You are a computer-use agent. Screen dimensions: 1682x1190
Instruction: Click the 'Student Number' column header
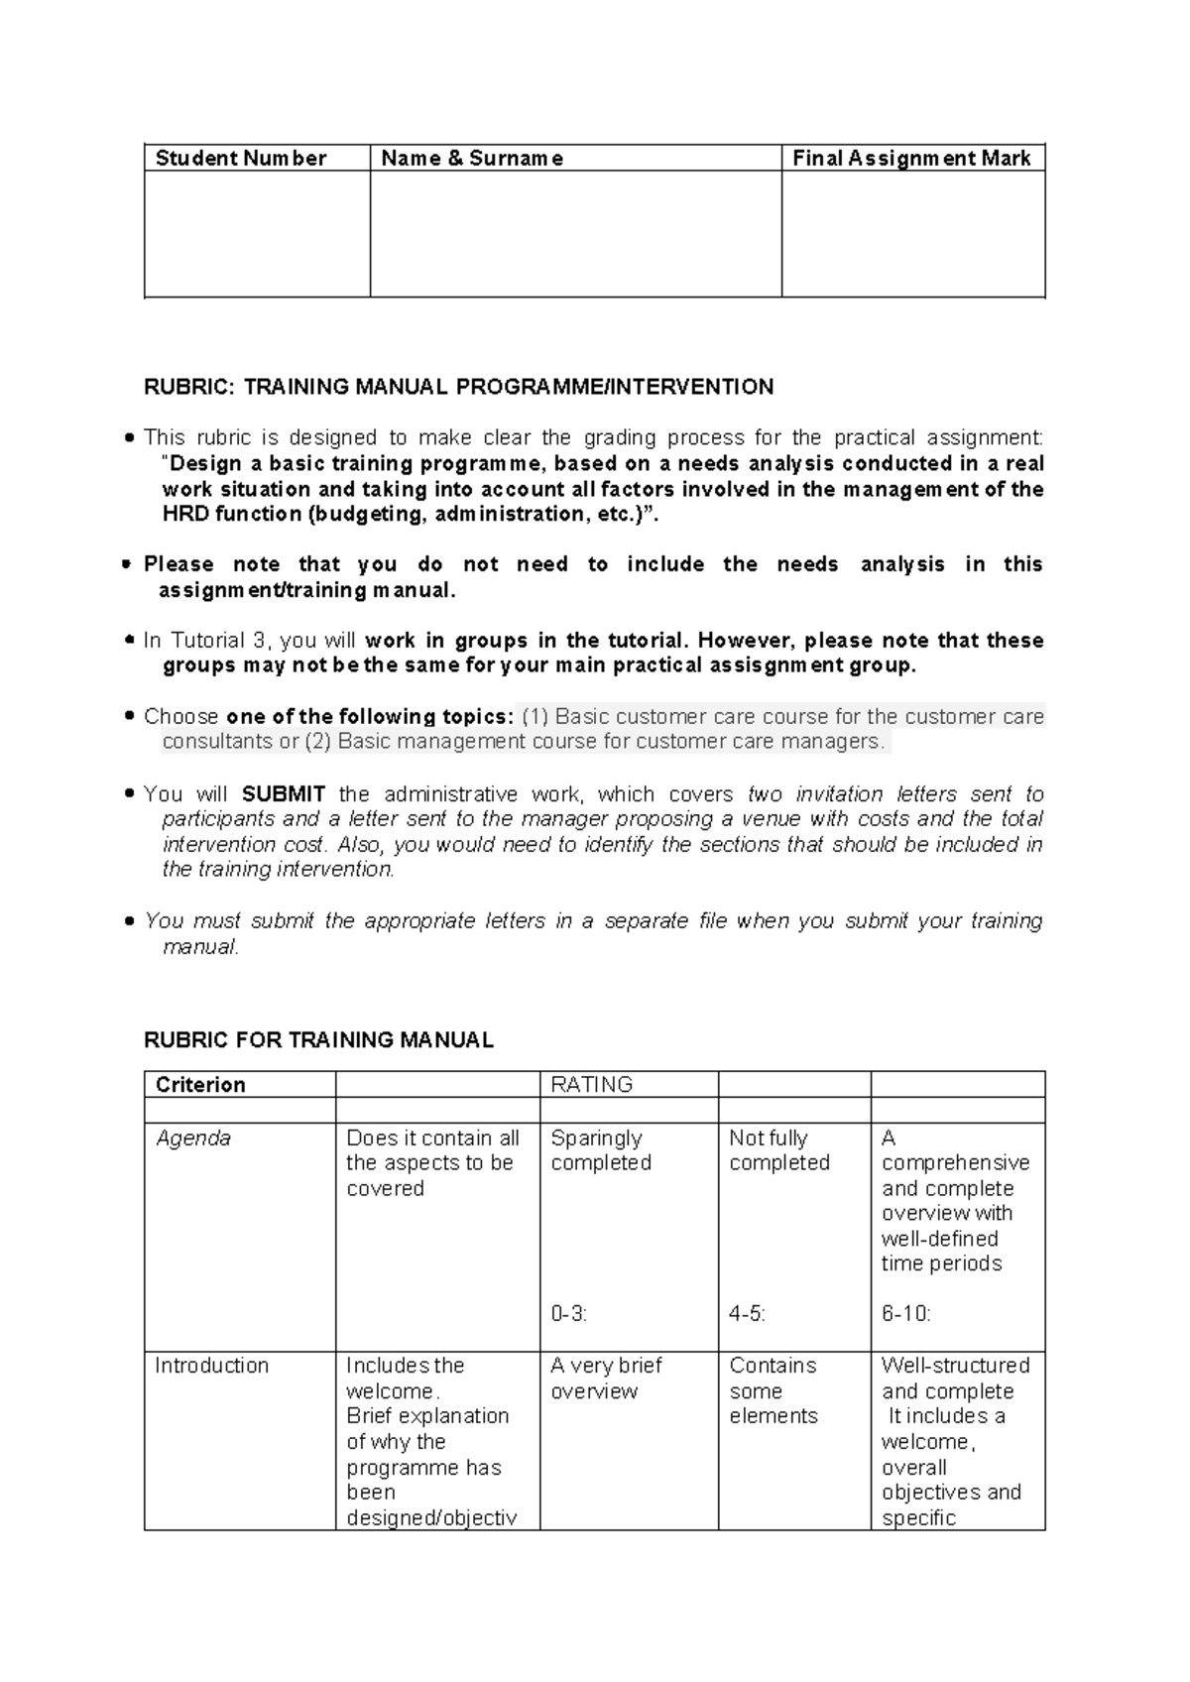240,159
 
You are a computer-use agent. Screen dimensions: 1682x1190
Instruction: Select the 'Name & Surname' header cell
472,159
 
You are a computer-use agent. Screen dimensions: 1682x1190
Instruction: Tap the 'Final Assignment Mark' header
911,159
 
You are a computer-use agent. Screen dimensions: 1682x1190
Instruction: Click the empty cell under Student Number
257,234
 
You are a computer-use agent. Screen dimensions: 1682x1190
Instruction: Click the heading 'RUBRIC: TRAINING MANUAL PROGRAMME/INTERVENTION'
458,387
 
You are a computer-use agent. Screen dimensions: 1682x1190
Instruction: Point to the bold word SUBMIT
284,794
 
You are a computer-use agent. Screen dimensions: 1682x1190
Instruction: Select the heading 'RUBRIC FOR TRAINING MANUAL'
318,1040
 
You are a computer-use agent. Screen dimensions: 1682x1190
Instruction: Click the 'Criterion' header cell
200,1085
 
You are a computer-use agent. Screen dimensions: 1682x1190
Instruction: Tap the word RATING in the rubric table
592,1085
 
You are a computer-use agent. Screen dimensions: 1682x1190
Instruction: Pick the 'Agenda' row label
193,1139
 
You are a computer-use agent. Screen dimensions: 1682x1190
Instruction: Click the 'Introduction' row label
211,1366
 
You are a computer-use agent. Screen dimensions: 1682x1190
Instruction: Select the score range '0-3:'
568,1314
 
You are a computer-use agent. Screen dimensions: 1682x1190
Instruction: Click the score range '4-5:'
747,1314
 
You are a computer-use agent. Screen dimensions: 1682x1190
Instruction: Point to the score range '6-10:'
905,1314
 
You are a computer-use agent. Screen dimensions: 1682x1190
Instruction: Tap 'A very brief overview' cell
606,1379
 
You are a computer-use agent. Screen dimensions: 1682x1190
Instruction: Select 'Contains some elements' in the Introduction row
773,1390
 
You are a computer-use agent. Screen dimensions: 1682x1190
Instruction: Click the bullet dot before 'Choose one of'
129,716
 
